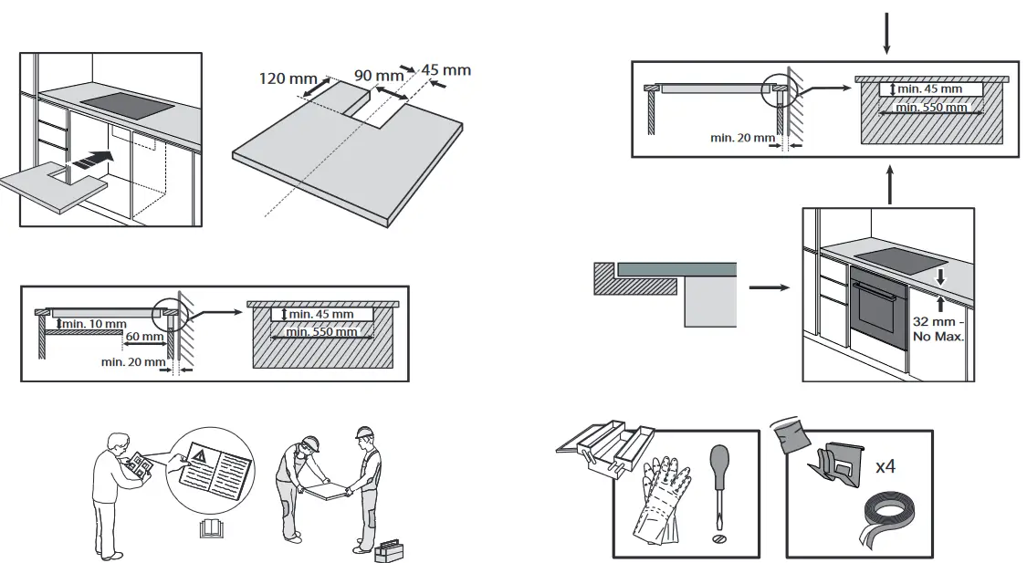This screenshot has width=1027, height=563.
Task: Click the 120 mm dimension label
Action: tap(288, 78)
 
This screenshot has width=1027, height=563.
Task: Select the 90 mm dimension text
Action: tap(378, 75)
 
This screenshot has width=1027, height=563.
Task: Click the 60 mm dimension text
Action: tap(144, 337)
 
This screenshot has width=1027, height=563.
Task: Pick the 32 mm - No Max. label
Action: tap(937, 329)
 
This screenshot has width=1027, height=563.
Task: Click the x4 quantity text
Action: tap(885, 466)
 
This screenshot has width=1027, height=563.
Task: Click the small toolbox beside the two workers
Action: tap(387, 548)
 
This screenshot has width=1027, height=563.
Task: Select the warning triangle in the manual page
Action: tap(199, 452)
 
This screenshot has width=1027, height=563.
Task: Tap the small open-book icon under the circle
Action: tap(210, 528)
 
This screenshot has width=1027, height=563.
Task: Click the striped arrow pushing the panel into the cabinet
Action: tap(95, 159)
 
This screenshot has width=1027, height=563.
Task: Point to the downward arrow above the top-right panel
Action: tap(885, 31)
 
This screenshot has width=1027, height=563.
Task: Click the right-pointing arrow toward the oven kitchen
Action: tap(767, 287)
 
